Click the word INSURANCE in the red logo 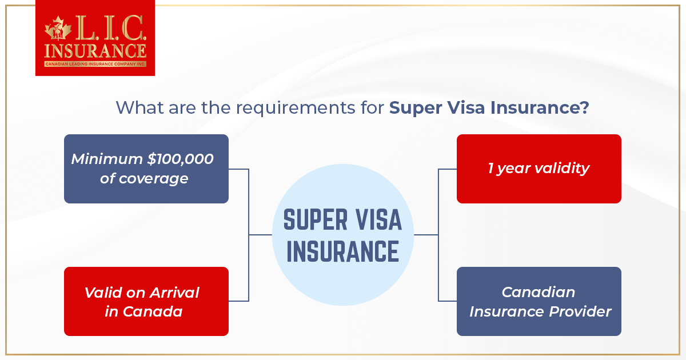pos(95,51)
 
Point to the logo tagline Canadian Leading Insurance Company pos(95,64)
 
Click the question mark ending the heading pos(583,107)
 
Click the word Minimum pos(106,159)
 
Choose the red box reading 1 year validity pos(539,169)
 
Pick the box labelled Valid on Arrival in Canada pos(146,301)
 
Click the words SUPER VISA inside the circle pos(342,221)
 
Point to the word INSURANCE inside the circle pos(342,251)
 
